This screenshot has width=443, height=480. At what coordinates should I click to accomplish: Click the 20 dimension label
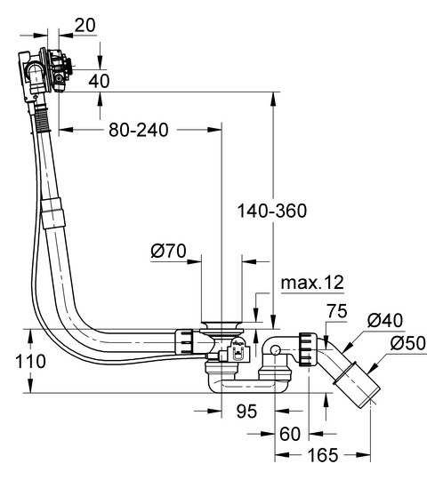85,26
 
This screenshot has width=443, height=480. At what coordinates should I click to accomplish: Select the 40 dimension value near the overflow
99,81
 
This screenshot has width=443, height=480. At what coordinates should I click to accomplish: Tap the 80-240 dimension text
139,130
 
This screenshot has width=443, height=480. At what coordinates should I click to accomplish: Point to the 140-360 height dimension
272,211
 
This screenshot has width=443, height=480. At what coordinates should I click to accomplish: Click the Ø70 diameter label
168,251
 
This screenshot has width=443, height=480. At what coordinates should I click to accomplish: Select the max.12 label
312,283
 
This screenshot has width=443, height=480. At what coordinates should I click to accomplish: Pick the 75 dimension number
336,311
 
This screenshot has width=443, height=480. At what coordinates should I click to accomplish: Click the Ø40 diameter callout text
385,321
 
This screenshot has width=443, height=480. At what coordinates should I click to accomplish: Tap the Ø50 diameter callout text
408,343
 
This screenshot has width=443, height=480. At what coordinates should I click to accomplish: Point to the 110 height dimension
30,361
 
